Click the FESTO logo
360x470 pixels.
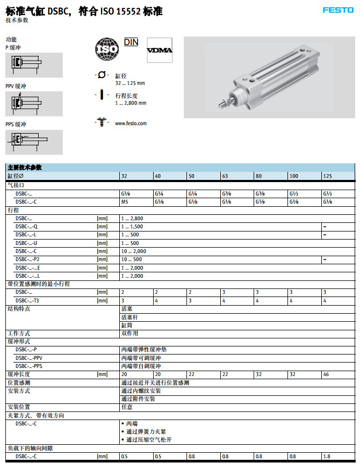click(337, 10)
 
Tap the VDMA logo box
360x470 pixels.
click(160, 50)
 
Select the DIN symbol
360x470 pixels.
click(131, 42)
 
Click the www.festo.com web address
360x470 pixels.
click(131, 124)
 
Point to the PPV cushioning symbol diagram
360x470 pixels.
click(34, 104)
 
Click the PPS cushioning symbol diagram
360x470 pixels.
click(34, 142)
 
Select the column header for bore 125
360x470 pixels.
click(327, 176)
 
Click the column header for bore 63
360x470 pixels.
click(226, 176)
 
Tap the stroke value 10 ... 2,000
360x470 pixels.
click(133, 251)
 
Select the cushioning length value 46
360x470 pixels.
click(326, 374)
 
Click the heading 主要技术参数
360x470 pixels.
click(25, 168)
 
